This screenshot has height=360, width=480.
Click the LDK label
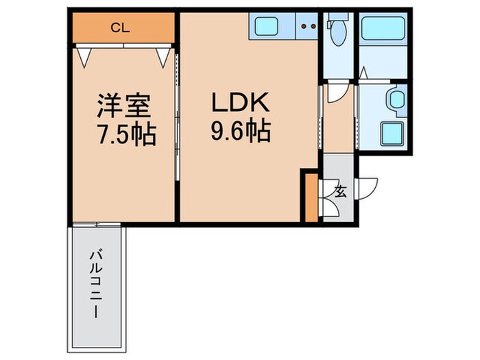[241, 105]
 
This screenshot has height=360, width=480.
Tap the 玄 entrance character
[340, 191]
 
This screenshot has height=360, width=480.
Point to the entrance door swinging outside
[369, 187]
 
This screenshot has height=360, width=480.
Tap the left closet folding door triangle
[83, 56]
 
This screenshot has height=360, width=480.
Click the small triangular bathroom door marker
[363, 71]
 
